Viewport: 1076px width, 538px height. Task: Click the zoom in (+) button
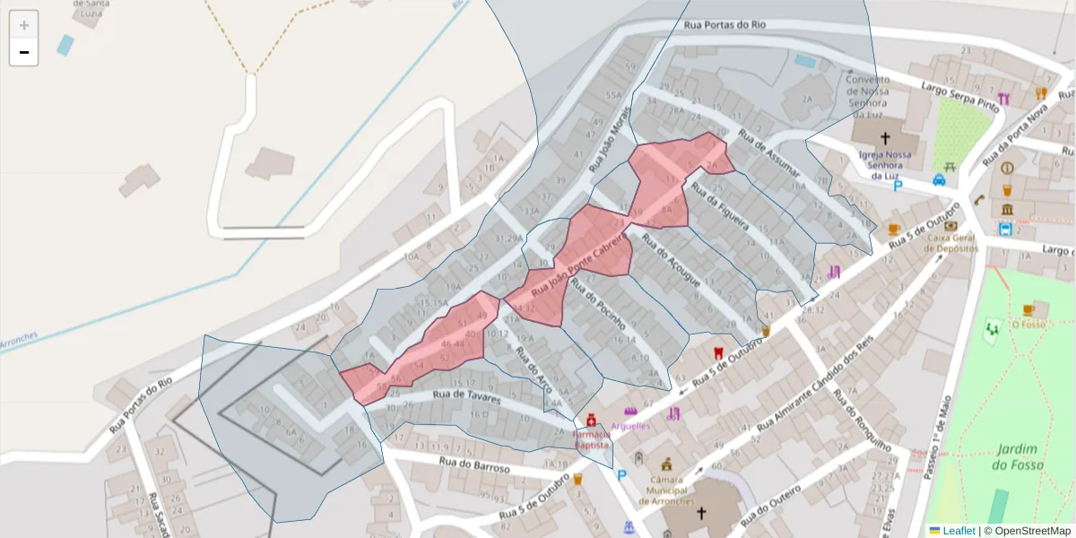pos(23,25)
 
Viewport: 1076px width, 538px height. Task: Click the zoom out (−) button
pos(23,52)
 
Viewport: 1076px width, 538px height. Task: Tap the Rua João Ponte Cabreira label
pos(577,261)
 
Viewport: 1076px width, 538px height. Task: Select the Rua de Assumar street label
pos(769,152)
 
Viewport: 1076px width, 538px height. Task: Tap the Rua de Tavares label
pos(464,393)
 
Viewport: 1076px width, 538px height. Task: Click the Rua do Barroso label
pos(474,465)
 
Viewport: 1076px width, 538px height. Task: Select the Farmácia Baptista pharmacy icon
pos(591,420)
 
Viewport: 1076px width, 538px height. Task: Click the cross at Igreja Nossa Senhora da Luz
pos(885,138)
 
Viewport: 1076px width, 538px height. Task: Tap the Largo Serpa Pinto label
pos(960,94)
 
